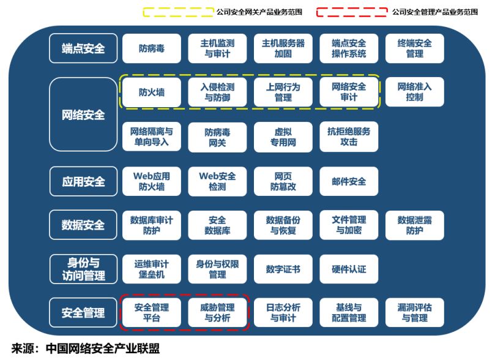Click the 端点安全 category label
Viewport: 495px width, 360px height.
pyautogui.click(x=83, y=48)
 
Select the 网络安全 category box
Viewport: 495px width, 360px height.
pyautogui.click(x=83, y=114)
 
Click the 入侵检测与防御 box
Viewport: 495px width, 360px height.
pyautogui.click(x=217, y=92)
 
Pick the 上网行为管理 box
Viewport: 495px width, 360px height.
pyautogui.click(x=283, y=92)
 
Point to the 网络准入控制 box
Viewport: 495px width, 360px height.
pyautogui.click(x=414, y=92)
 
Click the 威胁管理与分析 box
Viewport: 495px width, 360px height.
pyautogui.click(x=217, y=313)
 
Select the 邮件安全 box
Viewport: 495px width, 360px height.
pyautogui.click(x=349, y=181)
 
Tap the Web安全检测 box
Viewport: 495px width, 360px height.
pyautogui.click(x=217, y=181)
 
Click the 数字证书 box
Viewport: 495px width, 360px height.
pyautogui.click(x=283, y=269)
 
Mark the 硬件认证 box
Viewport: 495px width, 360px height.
pyautogui.click(x=349, y=269)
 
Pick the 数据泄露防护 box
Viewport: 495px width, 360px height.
pyautogui.click(x=414, y=225)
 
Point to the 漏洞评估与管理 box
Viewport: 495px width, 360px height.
pyautogui.click(x=414, y=313)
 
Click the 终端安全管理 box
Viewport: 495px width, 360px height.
pyautogui.click(x=414, y=48)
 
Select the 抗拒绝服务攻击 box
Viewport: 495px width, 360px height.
pyautogui.click(x=349, y=137)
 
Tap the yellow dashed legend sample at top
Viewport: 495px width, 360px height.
pyautogui.click(x=177, y=12)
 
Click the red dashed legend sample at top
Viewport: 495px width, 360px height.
pyautogui.click(x=352, y=12)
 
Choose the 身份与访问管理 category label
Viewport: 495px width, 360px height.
pyautogui.click(x=83, y=269)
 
